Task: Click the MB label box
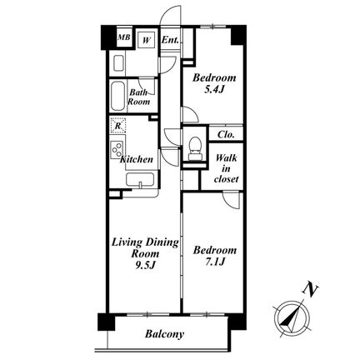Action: pyautogui.click(x=123, y=37)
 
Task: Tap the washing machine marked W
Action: pyautogui.click(x=147, y=41)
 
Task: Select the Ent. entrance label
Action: pyautogui.click(x=170, y=40)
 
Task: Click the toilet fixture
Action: pyautogui.click(x=195, y=148)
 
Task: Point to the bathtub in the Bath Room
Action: pyautogui.click(x=117, y=97)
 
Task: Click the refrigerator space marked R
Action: pyautogui.click(x=118, y=126)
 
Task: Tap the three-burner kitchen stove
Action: pyautogui.click(x=117, y=150)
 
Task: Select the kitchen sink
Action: pyautogui.click(x=140, y=180)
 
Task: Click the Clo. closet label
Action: pyautogui.click(x=226, y=135)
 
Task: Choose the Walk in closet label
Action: pyautogui.click(x=226, y=168)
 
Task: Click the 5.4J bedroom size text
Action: pyautogui.click(x=214, y=90)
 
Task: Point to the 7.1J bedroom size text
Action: pyautogui.click(x=214, y=262)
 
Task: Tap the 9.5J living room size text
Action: pyautogui.click(x=145, y=266)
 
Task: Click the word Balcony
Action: pyautogui.click(x=164, y=334)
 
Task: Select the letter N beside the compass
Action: pyautogui.click(x=310, y=291)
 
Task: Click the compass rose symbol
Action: pyautogui.click(x=292, y=318)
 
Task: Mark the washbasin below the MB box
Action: pyautogui.click(x=118, y=63)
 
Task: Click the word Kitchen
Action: pyautogui.click(x=136, y=159)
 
